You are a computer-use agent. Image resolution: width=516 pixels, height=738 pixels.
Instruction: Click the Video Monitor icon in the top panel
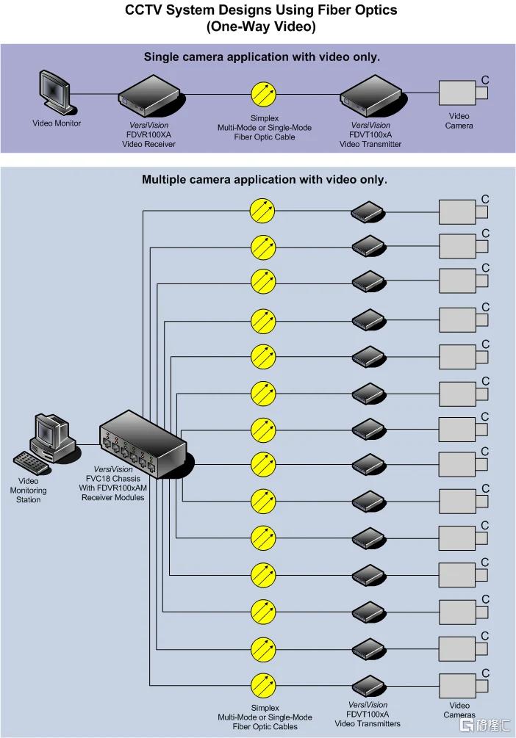[x=55, y=93]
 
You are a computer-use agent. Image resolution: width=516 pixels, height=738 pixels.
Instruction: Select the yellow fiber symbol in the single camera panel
[x=263, y=94]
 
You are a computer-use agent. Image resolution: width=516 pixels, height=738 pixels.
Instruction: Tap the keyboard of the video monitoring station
[x=31, y=463]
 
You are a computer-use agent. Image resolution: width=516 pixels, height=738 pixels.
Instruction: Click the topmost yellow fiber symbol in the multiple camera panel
[x=262, y=211]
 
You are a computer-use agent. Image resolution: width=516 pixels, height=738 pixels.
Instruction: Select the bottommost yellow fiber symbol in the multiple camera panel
[x=262, y=686]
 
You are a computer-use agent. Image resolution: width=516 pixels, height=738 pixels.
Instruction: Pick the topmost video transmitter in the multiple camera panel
[x=368, y=212]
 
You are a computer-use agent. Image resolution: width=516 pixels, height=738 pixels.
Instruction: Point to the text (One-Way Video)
[x=261, y=26]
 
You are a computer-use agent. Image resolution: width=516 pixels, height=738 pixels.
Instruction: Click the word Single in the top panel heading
[x=160, y=57]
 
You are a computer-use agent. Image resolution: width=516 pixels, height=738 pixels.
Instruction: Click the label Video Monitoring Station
[x=28, y=491]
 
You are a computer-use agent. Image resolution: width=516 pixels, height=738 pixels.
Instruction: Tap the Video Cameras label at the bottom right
[x=459, y=710]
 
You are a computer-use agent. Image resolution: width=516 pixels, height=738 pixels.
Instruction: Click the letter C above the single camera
[x=485, y=81]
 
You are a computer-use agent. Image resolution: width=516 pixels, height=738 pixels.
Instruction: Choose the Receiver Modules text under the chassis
[x=113, y=497]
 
